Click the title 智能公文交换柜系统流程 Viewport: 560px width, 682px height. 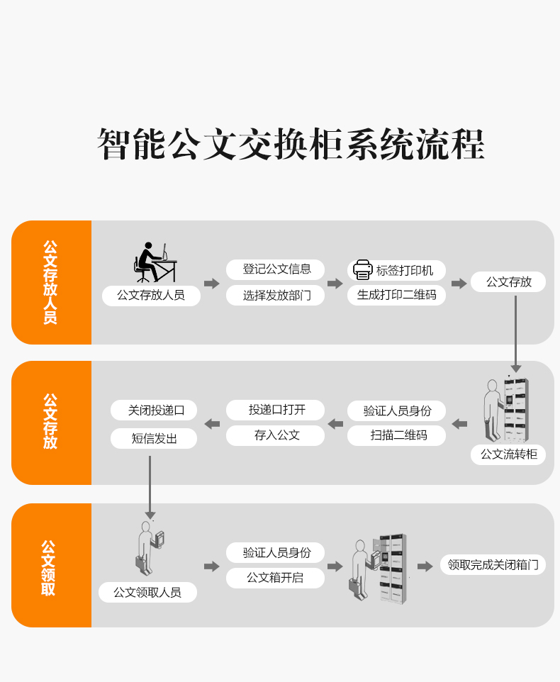[291, 145]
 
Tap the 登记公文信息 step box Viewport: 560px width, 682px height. [276, 269]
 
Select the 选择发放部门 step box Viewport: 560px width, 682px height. [276, 295]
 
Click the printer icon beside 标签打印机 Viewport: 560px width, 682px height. [363, 270]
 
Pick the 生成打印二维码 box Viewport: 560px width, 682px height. [396, 295]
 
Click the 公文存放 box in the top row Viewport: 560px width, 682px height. [508, 281]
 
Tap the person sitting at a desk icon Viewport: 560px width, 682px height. [155, 262]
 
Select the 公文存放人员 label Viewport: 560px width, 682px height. [150, 295]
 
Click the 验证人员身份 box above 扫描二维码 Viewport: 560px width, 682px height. [396, 410]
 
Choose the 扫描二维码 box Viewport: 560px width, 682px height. [396, 435]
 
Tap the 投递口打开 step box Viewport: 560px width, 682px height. [276, 410]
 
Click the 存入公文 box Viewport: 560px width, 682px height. [276, 435]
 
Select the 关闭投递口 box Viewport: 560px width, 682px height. [155, 410]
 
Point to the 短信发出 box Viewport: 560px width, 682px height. [155, 438]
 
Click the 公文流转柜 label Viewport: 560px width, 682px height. [508, 454]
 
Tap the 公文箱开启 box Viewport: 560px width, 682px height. [276, 578]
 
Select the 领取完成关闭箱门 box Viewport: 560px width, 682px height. [493, 564]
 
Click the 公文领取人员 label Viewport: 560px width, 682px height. [147, 592]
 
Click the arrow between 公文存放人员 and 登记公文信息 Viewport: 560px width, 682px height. [212, 284]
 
